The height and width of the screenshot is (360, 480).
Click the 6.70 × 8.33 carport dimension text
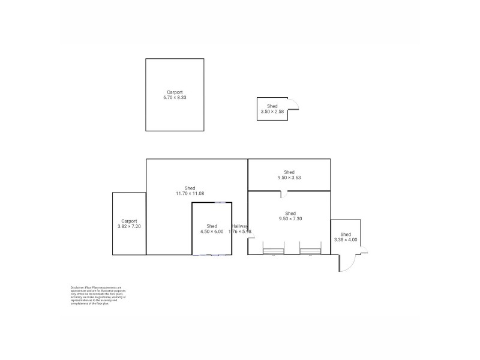pos(175,98)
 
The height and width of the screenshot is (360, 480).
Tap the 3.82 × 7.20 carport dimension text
pos(129,227)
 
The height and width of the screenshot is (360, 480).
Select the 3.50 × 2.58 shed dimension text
pos(272,112)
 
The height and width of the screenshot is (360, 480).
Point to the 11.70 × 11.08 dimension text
pos(190,193)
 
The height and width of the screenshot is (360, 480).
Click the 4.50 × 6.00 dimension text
pos(211,232)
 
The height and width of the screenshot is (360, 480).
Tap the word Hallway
pos(240,226)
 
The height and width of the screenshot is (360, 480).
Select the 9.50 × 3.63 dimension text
pos(289,178)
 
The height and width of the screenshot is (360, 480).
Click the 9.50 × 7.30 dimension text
pos(290,219)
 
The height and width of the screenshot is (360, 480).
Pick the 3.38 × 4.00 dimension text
pos(345,240)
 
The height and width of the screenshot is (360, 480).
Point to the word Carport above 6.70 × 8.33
pos(175,92)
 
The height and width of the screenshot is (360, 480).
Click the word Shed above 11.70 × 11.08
pos(190,188)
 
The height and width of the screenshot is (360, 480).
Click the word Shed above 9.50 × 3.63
pos(289,172)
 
